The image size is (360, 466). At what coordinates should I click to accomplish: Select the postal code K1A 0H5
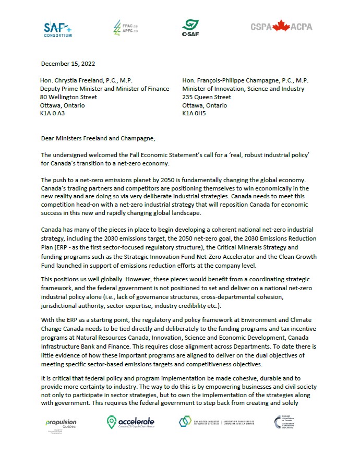click(x=194, y=113)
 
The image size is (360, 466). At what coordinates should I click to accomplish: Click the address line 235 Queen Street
click(x=207, y=97)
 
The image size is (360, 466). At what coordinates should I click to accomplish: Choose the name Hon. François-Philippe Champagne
click(x=229, y=80)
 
